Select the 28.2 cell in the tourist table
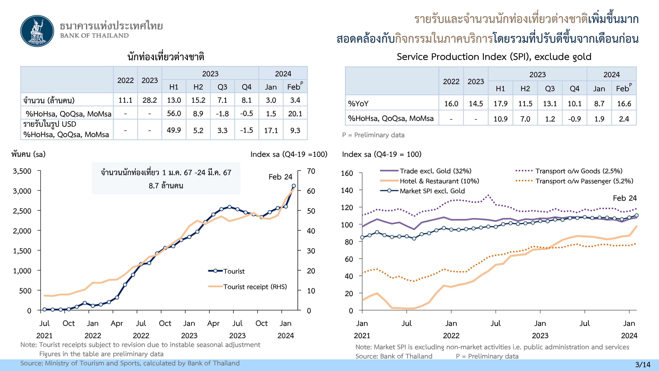point(150,100)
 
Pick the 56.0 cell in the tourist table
point(174,113)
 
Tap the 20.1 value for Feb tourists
point(295,113)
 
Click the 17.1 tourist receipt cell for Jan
point(271,130)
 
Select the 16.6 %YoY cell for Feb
point(624,104)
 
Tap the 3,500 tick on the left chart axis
point(22,171)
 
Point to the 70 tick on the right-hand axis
point(311,171)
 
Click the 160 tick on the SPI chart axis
point(347,173)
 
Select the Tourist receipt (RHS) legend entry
point(255,287)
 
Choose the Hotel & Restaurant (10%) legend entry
point(439,181)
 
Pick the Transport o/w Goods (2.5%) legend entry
point(579,171)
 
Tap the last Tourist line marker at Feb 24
point(294,186)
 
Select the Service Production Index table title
point(494,57)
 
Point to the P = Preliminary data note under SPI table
point(373,135)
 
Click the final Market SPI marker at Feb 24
point(636,216)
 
